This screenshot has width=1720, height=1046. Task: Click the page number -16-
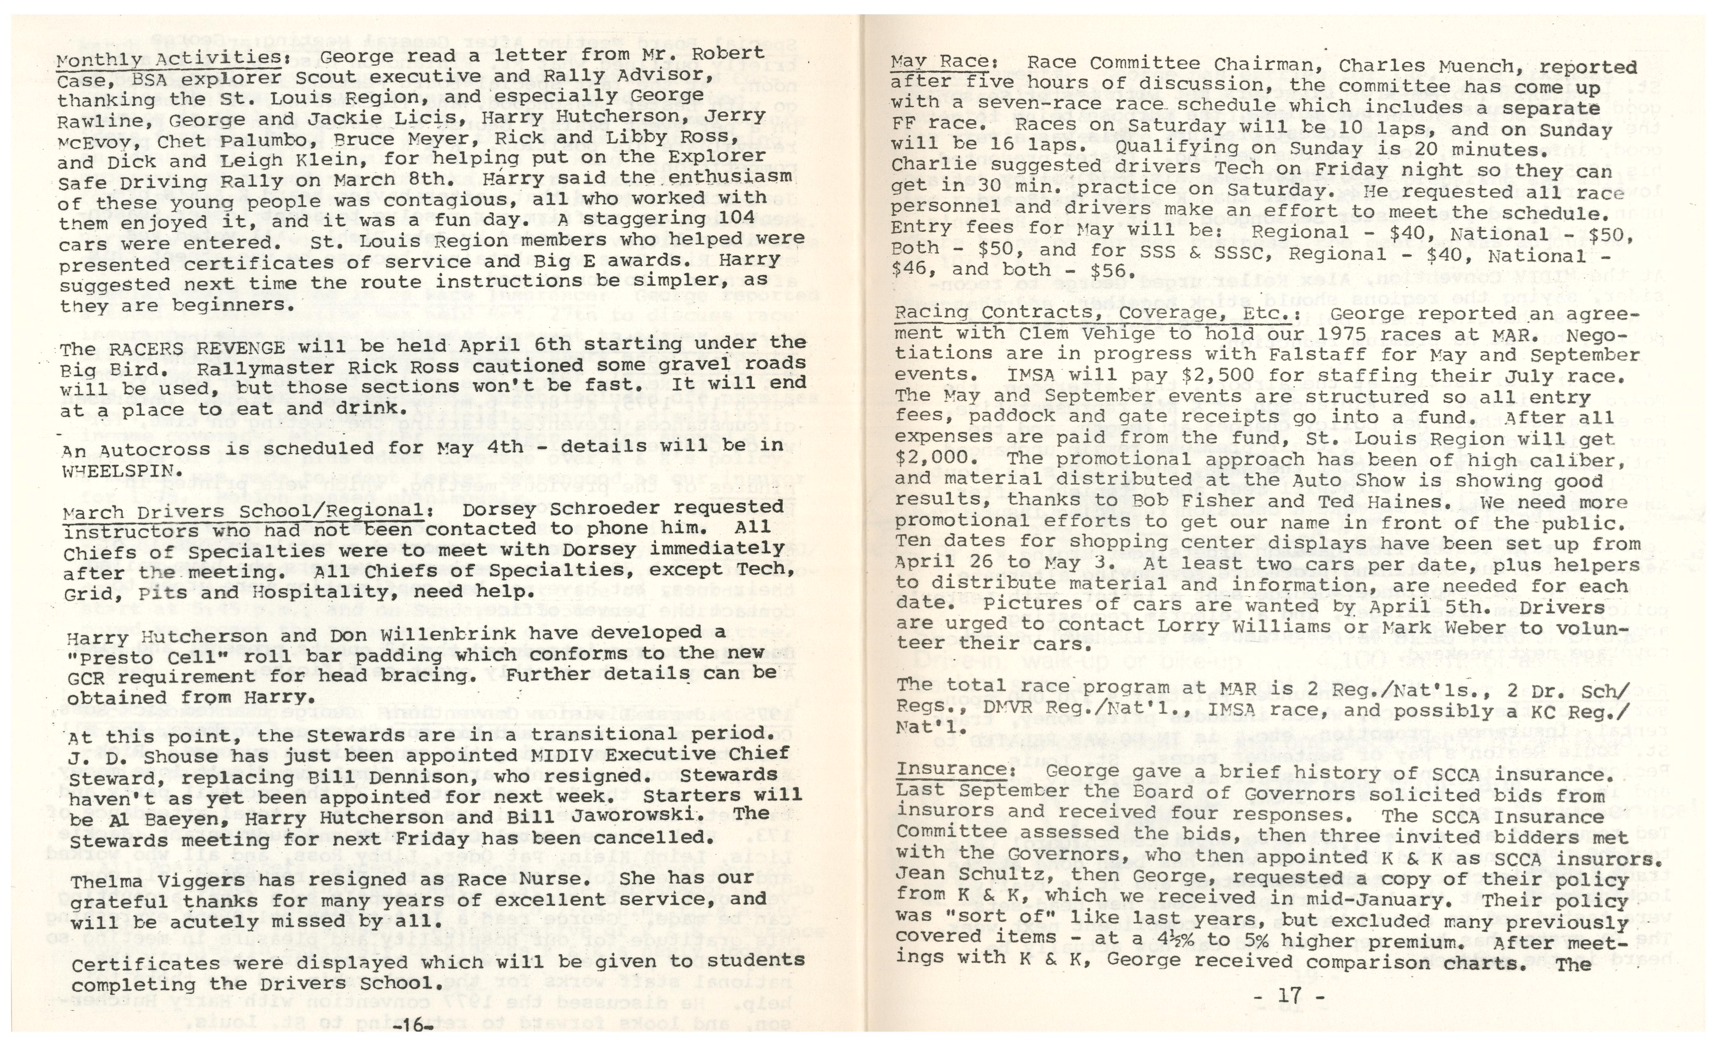[413, 1028]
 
